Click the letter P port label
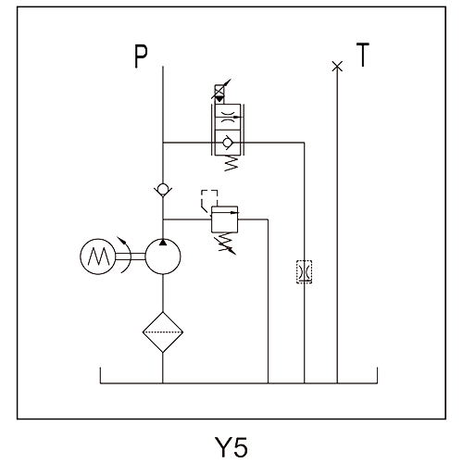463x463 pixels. point(141,56)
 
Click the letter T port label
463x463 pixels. point(363,55)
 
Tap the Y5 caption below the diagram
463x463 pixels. point(231,447)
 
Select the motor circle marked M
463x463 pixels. point(98,257)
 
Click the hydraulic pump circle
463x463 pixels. point(163,257)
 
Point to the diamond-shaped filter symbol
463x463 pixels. point(163,332)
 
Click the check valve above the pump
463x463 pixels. point(163,189)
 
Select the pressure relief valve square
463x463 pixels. point(225,219)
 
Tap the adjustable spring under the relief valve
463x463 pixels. point(228,244)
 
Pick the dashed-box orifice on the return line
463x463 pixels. point(304,271)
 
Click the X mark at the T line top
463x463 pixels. point(337,66)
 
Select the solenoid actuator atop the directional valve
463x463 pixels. point(220,93)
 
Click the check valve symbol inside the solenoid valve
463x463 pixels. point(228,143)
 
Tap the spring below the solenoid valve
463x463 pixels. point(231,163)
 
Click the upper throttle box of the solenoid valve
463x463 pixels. point(228,117)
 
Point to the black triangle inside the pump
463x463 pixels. point(163,243)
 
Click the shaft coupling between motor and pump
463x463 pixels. point(131,257)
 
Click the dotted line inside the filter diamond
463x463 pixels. point(163,332)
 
